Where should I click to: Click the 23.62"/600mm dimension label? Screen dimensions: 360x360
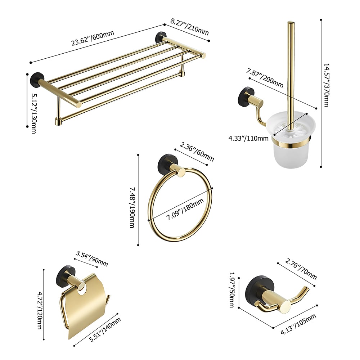[93, 38]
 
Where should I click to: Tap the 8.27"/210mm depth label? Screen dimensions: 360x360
[190, 27]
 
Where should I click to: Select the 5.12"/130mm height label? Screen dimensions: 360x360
[34, 113]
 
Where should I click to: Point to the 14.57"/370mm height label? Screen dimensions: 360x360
[326, 85]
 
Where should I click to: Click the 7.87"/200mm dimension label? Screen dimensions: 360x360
[265, 78]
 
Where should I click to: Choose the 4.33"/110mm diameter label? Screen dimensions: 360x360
[248, 138]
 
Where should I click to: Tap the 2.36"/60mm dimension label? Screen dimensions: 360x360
[197, 152]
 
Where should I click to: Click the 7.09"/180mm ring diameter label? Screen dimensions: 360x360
[185, 209]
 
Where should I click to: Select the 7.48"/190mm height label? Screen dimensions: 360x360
[132, 207]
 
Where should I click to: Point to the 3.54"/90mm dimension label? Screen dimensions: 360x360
[92, 258]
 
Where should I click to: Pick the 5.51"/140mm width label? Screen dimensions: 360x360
[105, 330]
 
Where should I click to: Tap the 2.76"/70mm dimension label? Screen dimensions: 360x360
[301, 269]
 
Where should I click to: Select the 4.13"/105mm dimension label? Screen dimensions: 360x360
[298, 324]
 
